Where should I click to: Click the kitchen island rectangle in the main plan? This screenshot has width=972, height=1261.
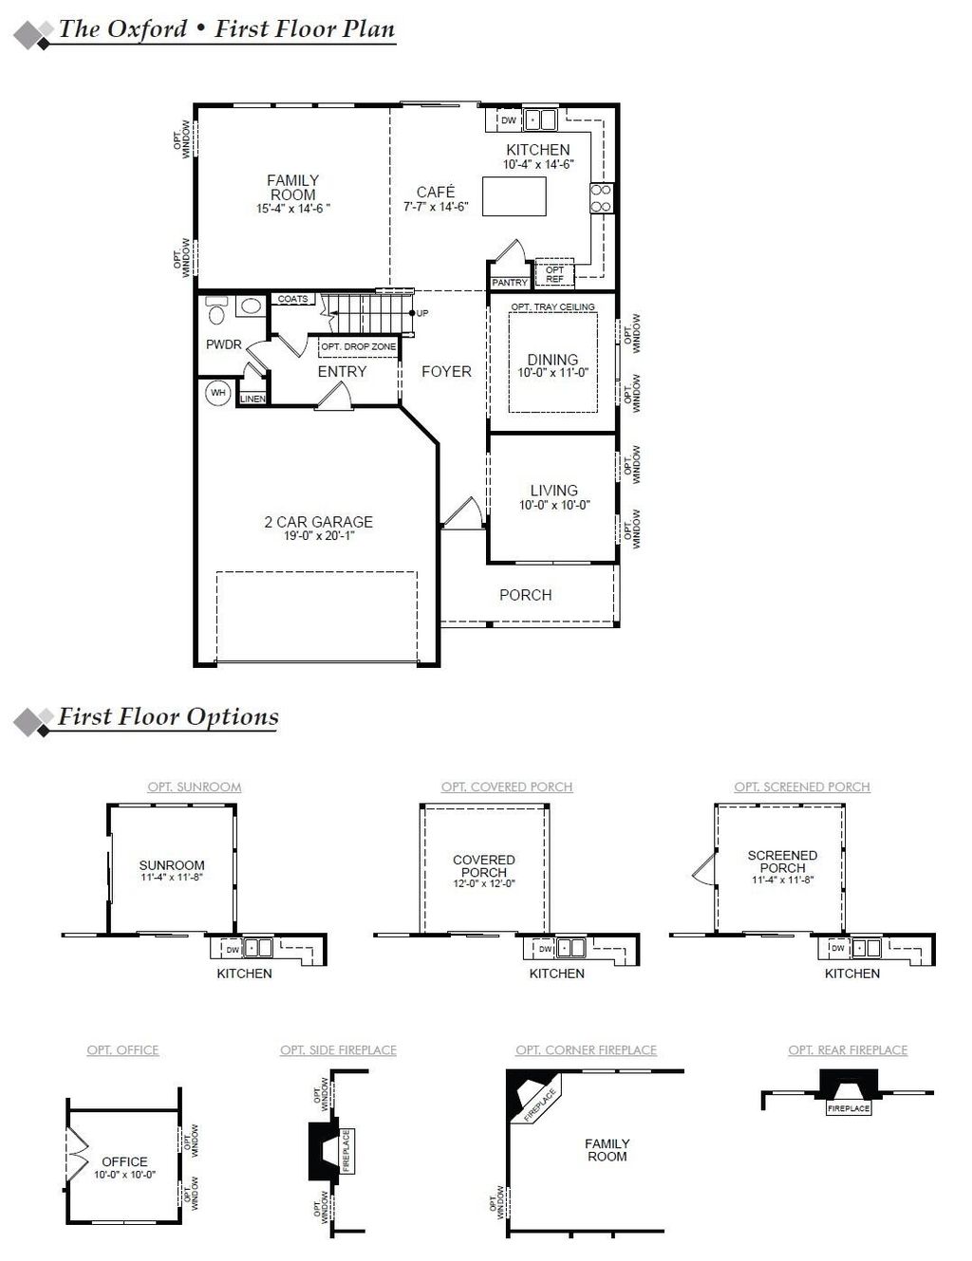click(514, 196)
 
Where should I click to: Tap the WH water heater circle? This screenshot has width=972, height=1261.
click(218, 393)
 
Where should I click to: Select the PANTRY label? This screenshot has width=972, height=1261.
click(510, 283)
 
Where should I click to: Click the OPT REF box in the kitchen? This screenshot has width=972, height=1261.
click(554, 274)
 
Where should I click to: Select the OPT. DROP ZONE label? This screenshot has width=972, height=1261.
click(358, 347)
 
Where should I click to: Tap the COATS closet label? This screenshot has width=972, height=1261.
click(292, 299)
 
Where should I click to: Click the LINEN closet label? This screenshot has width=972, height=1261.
click(252, 399)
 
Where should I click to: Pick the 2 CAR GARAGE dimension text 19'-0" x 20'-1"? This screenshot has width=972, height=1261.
click(318, 536)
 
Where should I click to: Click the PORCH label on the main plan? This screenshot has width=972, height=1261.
click(525, 595)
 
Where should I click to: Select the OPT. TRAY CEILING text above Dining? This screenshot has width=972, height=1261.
click(552, 306)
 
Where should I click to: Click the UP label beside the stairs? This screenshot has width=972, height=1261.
click(422, 313)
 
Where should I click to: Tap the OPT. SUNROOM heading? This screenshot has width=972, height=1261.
click(194, 787)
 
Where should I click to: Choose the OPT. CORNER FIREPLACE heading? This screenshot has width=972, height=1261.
click(586, 1049)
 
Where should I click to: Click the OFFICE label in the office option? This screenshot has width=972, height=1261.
click(124, 1161)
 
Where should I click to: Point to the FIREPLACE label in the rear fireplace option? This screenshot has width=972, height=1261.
click(848, 1108)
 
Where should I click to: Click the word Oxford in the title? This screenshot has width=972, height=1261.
click(146, 28)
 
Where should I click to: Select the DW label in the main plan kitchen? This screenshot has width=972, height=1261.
click(508, 121)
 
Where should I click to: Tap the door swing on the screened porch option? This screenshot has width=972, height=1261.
click(700, 867)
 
